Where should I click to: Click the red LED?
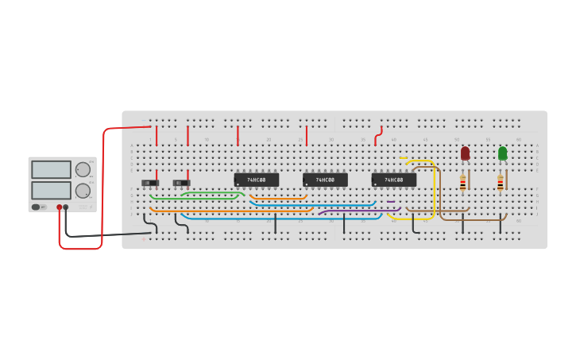[x=465, y=153]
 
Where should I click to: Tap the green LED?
[x=502, y=153]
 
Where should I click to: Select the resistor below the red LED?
[x=462, y=184]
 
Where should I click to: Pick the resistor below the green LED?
[x=500, y=184]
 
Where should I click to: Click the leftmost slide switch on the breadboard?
[x=149, y=183]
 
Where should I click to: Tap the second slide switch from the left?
[x=181, y=183]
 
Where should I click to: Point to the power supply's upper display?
[x=51, y=169]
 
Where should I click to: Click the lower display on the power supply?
[x=51, y=190]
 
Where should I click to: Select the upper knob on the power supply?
[x=83, y=169]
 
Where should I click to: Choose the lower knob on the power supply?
[x=83, y=191]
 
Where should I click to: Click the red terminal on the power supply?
[x=59, y=207]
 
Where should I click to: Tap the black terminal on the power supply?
[x=66, y=207]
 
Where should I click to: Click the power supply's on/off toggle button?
[x=36, y=207]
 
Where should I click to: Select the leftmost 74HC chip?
[x=256, y=180]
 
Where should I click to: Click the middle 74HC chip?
[x=325, y=180]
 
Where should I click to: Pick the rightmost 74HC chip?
[x=393, y=180]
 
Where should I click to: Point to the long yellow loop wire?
[x=435, y=191]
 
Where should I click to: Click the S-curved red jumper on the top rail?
[x=378, y=136]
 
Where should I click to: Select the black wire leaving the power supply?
[x=103, y=235]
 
